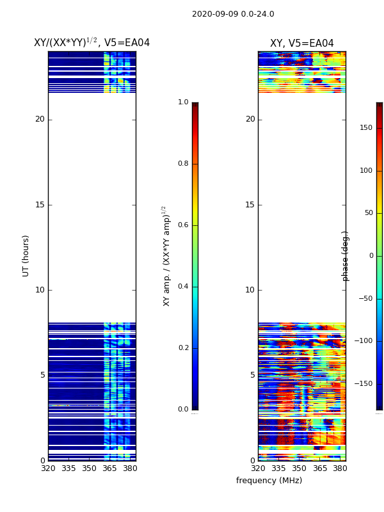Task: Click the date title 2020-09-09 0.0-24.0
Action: pyautogui.click(x=233, y=14)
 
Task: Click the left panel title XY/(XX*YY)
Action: pyautogui.click(x=92, y=43)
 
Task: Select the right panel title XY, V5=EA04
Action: pyautogui.click(x=301, y=44)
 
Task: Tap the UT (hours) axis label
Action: pyautogui.click(x=26, y=255)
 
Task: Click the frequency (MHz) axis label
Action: pyautogui.click(x=269, y=481)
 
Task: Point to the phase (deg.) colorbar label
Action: pyautogui.click(x=346, y=255)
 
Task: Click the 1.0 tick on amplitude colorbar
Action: pyautogui.click(x=183, y=102)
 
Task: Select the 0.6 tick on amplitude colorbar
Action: pyautogui.click(x=183, y=225)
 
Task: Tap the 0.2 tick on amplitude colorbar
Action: pyautogui.click(x=183, y=348)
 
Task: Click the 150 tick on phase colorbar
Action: pyautogui.click(x=365, y=128)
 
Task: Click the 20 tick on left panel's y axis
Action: pyautogui.click(x=40, y=119)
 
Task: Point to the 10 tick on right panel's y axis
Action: pyautogui.click(x=250, y=290)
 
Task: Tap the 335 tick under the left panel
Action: pyautogui.click(x=68, y=468)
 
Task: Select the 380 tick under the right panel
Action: pyautogui.click(x=340, y=468)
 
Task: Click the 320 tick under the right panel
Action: pyautogui.click(x=258, y=468)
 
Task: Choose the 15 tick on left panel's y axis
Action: pyautogui.click(x=40, y=205)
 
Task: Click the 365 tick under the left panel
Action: pyautogui.click(x=109, y=468)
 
